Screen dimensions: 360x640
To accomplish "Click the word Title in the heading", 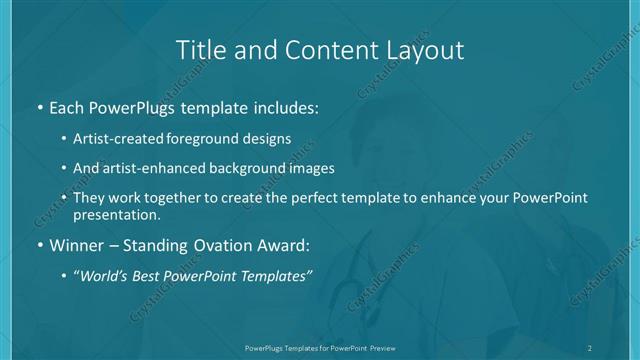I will (x=198, y=49).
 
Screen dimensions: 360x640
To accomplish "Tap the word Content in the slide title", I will (x=318, y=49).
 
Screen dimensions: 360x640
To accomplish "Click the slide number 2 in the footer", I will (x=589, y=347).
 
